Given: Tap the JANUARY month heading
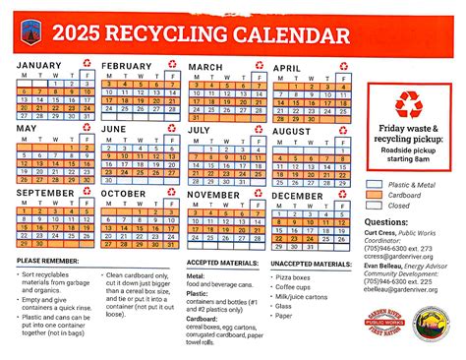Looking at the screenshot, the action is click(38, 66).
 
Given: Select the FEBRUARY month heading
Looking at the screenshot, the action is click(127, 66).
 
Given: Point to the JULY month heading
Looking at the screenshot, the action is click(199, 129).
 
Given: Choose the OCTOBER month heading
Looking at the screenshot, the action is click(123, 194).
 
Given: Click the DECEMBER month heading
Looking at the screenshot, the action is click(298, 195).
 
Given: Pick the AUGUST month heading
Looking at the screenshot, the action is click(291, 130).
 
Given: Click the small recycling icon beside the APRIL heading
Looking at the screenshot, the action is click(343, 66).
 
